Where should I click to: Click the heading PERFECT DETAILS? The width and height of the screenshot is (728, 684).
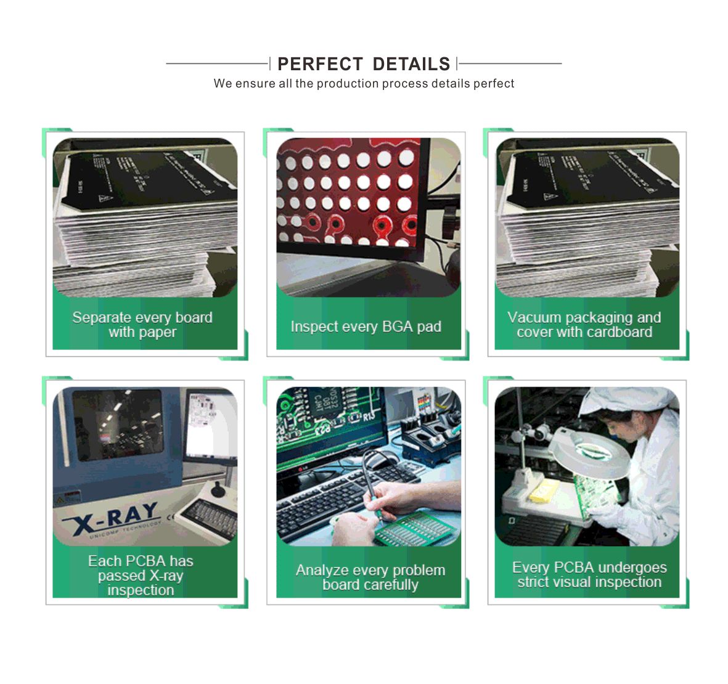coord(364,64)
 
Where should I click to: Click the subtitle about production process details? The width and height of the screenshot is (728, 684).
coord(364,84)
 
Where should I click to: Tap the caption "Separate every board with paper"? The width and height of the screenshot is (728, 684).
coord(142,325)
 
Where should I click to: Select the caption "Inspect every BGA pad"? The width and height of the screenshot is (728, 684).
coord(366,327)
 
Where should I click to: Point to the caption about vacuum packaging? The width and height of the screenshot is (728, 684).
coord(584,325)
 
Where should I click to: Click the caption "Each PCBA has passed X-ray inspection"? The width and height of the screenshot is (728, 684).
coord(141,575)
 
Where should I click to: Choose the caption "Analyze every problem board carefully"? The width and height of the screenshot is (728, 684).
coord(370,577)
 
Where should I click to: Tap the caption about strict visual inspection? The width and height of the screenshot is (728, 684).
coord(589,574)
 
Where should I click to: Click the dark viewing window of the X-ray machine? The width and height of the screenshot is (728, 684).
coord(117,425)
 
